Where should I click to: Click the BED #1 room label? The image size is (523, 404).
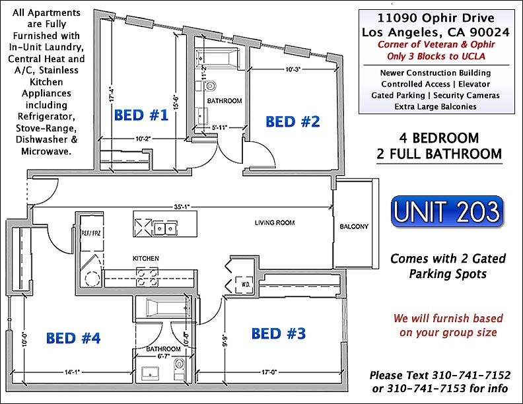[x=141, y=116]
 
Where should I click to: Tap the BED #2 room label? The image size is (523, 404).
[x=293, y=121]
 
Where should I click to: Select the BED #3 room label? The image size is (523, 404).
[x=279, y=333]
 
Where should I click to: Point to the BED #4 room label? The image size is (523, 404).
[x=73, y=339]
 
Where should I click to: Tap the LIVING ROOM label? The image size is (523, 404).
[x=275, y=223]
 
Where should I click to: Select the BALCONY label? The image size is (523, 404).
[x=354, y=227]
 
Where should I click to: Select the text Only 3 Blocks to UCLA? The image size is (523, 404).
[x=437, y=55]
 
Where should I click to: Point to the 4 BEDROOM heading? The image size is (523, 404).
[x=439, y=139]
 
